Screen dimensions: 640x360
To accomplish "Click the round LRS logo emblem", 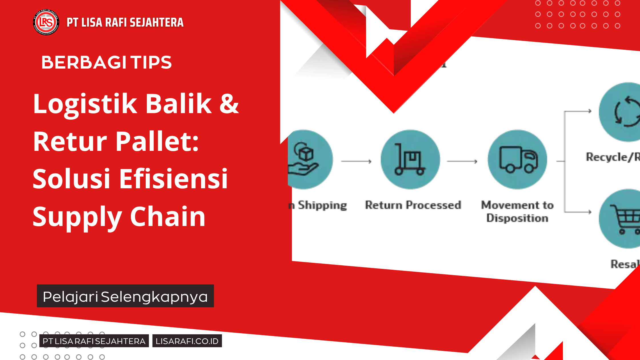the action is click(x=46, y=22).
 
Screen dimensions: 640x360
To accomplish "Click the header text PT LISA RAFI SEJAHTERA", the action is click(x=125, y=23).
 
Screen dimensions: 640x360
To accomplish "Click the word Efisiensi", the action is click(x=173, y=179).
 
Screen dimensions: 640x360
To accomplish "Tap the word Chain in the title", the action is click(x=168, y=217).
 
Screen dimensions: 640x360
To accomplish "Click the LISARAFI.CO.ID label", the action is click(x=187, y=341).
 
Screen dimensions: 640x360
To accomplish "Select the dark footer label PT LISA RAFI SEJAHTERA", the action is click(x=94, y=341).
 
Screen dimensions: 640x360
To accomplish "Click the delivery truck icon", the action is click(x=517, y=159).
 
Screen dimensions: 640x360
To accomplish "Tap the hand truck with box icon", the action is click(x=410, y=159).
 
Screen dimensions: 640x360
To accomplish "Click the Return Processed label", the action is click(x=413, y=205).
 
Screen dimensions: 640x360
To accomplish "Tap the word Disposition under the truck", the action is click(x=517, y=218).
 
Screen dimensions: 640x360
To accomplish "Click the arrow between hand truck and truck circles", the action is click(x=462, y=161).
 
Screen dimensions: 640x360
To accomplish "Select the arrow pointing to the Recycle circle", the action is click(x=579, y=111).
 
